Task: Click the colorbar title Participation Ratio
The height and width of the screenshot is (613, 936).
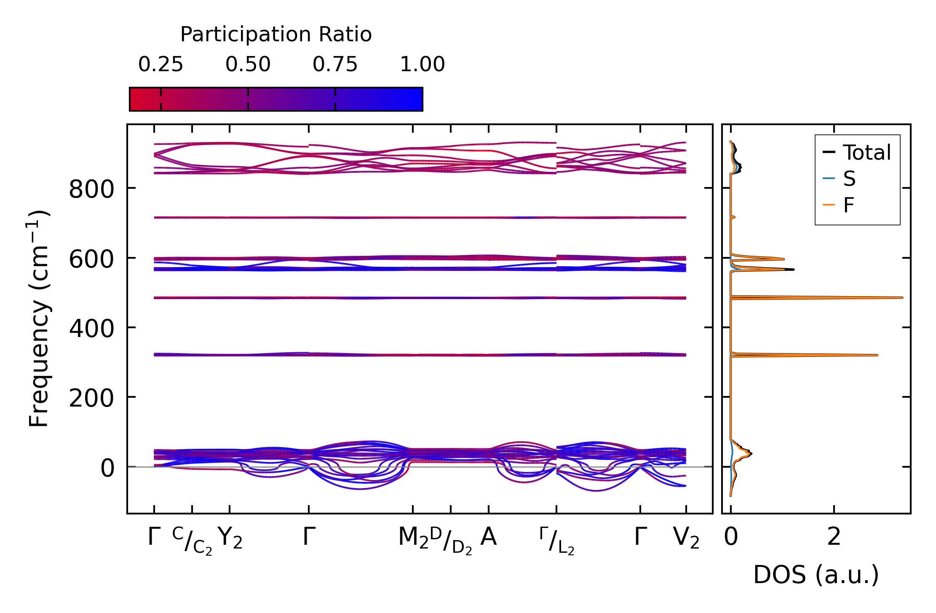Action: click(276, 35)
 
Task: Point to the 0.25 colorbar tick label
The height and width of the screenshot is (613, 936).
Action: click(160, 64)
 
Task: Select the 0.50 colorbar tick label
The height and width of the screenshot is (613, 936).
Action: click(248, 64)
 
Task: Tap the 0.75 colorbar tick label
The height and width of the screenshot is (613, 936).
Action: click(335, 64)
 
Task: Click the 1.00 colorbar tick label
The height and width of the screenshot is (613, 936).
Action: click(422, 64)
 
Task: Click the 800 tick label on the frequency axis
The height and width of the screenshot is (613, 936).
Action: click(91, 189)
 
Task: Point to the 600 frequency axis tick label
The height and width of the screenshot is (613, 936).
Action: click(91, 259)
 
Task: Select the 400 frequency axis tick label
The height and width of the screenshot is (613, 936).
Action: click(91, 329)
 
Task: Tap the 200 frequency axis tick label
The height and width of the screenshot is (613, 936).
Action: click(91, 398)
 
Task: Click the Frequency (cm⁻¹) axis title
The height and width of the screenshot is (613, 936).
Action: click(39, 319)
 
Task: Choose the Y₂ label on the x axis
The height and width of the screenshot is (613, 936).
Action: click(230, 538)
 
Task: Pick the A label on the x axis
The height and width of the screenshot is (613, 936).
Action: click(489, 537)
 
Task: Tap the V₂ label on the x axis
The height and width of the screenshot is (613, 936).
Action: click(686, 538)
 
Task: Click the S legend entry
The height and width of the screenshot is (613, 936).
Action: click(849, 179)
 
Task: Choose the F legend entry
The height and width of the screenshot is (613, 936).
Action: click(848, 205)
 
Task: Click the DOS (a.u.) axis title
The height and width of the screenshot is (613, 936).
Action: click(816, 575)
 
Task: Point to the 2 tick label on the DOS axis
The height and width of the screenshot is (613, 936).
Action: click(834, 537)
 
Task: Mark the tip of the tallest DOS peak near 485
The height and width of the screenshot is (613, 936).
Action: click(902, 297)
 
